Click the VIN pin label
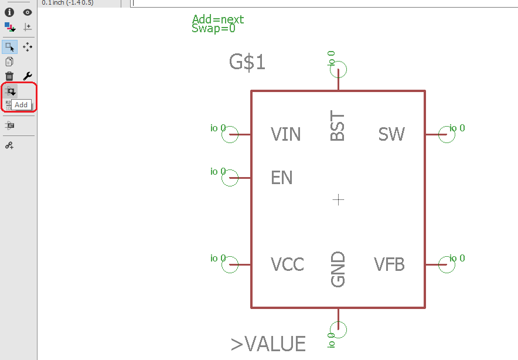(x=285, y=135)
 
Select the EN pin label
(x=281, y=178)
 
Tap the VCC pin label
(x=287, y=264)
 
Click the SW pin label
(x=391, y=135)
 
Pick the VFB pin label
(x=390, y=264)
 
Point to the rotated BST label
(x=338, y=127)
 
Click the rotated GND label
(x=338, y=270)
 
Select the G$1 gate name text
(x=247, y=62)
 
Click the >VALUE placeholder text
(x=268, y=344)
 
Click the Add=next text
(x=217, y=19)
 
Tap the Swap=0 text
(x=213, y=28)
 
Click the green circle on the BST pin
(x=338, y=70)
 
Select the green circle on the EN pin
(x=230, y=178)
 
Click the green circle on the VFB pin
(x=447, y=264)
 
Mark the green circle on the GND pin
(x=338, y=330)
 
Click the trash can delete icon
(x=9, y=76)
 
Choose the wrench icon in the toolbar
(x=27, y=76)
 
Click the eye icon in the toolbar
(x=27, y=12)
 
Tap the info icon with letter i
(x=9, y=12)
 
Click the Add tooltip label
(x=21, y=105)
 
